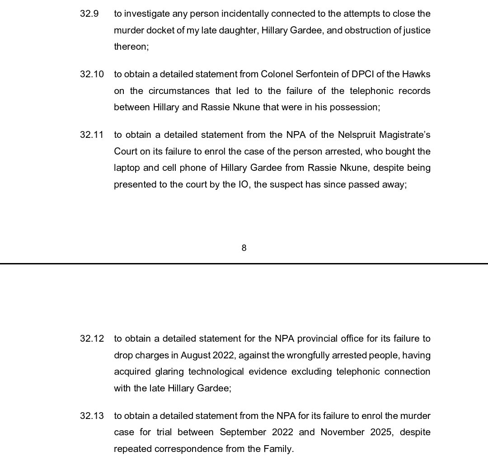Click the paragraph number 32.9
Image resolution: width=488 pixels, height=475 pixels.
[x=89, y=14]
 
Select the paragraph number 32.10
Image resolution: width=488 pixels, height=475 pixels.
[x=92, y=74]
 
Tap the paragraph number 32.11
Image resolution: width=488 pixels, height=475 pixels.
[x=92, y=135]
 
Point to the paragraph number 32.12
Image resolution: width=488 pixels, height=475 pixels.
[x=92, y=339]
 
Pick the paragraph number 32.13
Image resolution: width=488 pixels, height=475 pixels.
[x=92, y=415]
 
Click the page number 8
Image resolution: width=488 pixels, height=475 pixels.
[x=244, y=248]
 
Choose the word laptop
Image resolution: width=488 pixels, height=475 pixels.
[x=127, y=168]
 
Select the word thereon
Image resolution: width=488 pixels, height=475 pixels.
[x=131, y=47]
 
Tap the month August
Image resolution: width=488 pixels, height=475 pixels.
[x=196, y=355]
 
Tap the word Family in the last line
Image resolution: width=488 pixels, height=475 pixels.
[x=278, y=449]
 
